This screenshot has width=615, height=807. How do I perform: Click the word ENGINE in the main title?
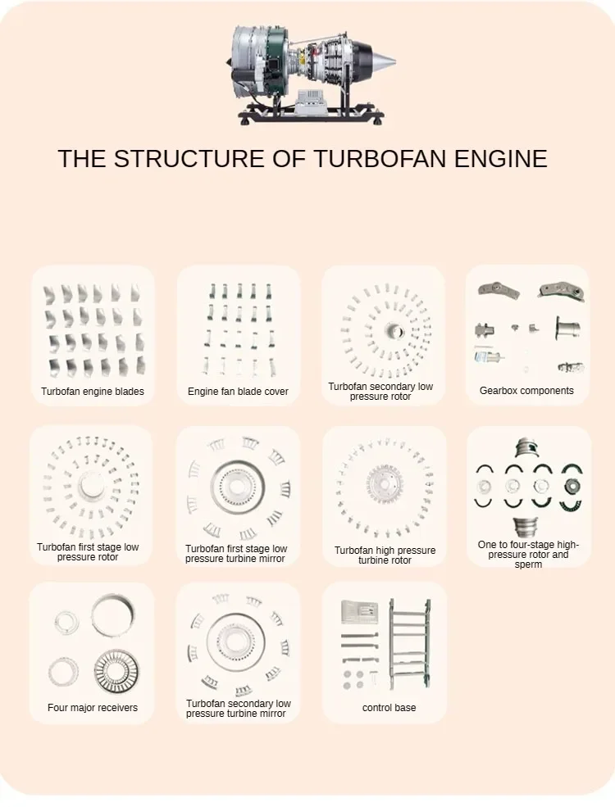coord(500,158)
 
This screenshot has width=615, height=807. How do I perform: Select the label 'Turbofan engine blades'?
coord(93,392)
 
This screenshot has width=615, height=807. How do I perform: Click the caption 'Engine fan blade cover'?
coord(238,392)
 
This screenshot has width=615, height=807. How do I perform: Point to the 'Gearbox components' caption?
coord(526,391)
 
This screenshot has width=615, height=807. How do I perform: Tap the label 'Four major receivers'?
coord(93,708)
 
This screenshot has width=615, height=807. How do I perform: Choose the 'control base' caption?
coord(389,708)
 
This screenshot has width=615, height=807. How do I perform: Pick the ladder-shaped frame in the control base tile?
coord(409,643)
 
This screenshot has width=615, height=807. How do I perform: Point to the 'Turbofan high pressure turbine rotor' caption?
coord(385,555)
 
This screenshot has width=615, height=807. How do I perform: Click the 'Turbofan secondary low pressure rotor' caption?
coord(380,392)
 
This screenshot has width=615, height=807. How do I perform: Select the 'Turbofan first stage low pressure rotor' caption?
coord(88,552)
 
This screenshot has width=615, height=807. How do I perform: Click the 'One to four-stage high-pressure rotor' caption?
coord(528,555)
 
